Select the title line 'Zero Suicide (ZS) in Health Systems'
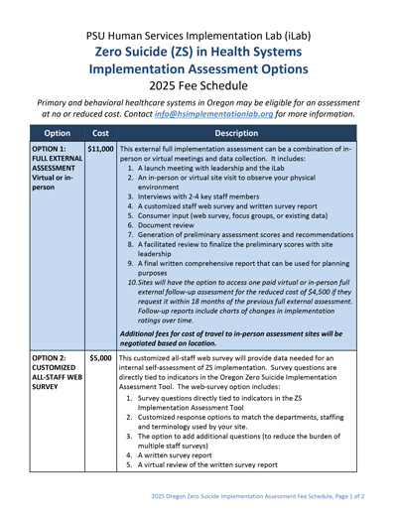pos(198,46)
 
